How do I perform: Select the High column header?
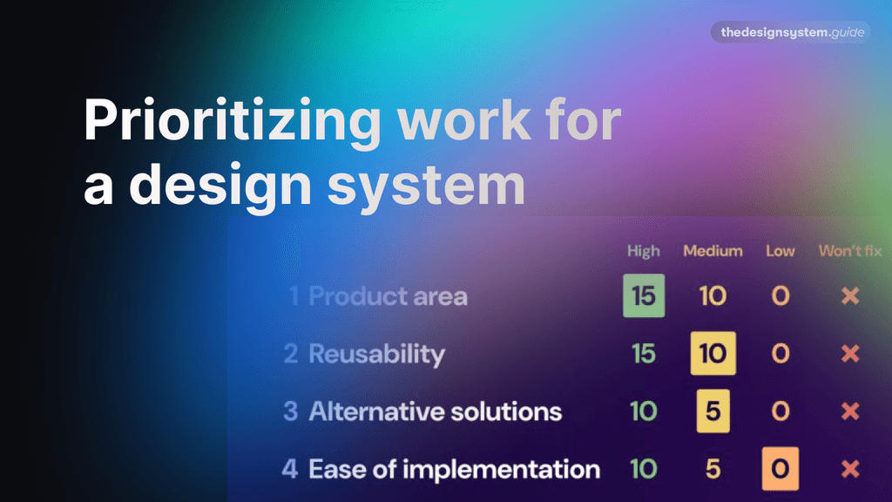click(x=644, y=251)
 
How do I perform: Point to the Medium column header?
click(x=713, y=251)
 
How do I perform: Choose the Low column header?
click(x=780, y=251)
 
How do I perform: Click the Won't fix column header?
click(x=850, y=251)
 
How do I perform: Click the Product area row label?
click(x=388, y=296)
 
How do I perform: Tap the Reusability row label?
click(x=376, y=354)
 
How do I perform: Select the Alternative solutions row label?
click(x=435, y=411)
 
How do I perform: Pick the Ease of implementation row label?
click(x=454, y=470)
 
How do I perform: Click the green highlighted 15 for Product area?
click(x=644, y=295)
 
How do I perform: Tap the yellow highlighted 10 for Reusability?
click(x=713, y=354)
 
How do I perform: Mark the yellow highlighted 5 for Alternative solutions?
click(x=713, y=411)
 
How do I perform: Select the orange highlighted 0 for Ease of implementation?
click(x=780, y=470)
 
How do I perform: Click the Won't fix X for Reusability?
click(x=850, y=354)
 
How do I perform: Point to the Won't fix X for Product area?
click(x=850, y=295)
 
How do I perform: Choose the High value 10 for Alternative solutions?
click(x=644, y=411)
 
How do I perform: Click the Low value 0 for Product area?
click(x=780, y=295)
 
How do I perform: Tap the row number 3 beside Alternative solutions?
click(x=291, y=411)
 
